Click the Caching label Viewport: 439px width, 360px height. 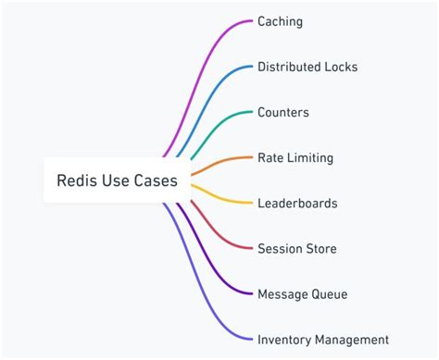click(x=280, y=21)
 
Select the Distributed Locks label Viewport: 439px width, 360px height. click(x=307, y=67)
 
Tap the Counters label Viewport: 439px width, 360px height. click(x=283, y=112)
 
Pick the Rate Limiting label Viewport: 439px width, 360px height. click(x=295, y=157)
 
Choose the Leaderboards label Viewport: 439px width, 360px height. click(x=297, y=203)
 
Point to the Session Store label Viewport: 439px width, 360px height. click(x=297, y=248)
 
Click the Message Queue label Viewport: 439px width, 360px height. click(x=303, y=293)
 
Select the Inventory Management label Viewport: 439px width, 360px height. click(x=323, y=339)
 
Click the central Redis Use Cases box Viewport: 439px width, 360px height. click(x=117, y=180)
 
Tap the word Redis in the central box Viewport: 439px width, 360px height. click(x=77, y=180)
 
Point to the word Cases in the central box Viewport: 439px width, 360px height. click(x=157, y=180)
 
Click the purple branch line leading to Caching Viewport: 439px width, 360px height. click(x=208, y=56)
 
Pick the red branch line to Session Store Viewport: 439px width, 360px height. click(x=222, y=231)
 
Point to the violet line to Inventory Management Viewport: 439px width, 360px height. click(x=208, y=305)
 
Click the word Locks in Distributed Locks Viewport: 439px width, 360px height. click(x=339, y=67)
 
